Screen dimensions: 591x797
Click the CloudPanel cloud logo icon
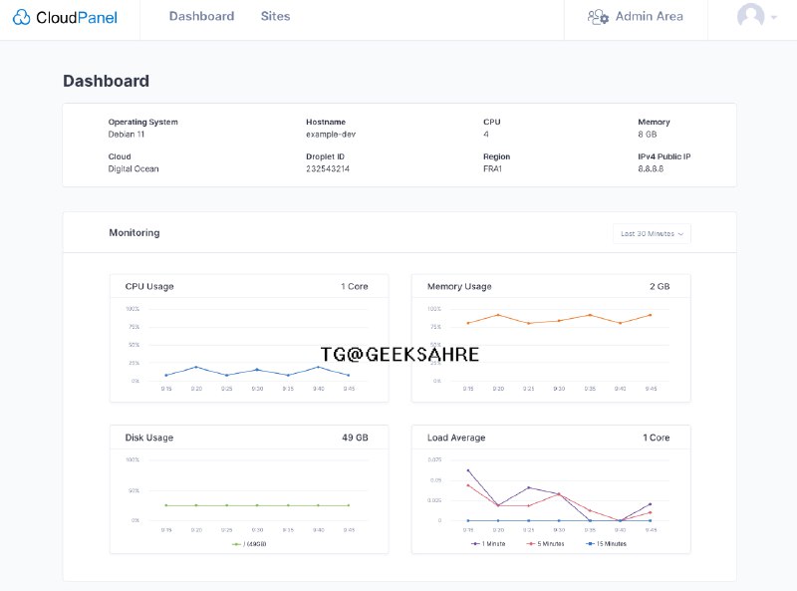point(23,17)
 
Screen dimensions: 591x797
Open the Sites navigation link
point(276,17)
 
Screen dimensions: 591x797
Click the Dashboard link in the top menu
point(201,17)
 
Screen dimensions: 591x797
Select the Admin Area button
point(636,17)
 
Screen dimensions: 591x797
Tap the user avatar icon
point(750,17)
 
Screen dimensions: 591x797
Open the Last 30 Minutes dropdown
point(652,234)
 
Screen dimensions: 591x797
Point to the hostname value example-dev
point(331,134)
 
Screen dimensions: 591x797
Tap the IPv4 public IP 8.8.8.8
point(651,168)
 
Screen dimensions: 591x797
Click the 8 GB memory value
point(648,134)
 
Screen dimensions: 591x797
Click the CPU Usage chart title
point(149,287)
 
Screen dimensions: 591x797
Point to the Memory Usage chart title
point(459,287)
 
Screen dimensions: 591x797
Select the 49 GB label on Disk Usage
point(355,438)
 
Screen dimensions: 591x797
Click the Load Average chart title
point(456,438)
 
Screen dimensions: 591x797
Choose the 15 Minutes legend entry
point(607,544)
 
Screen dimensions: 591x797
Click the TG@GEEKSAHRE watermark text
point(399,355)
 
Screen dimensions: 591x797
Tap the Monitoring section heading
point(134,233)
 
